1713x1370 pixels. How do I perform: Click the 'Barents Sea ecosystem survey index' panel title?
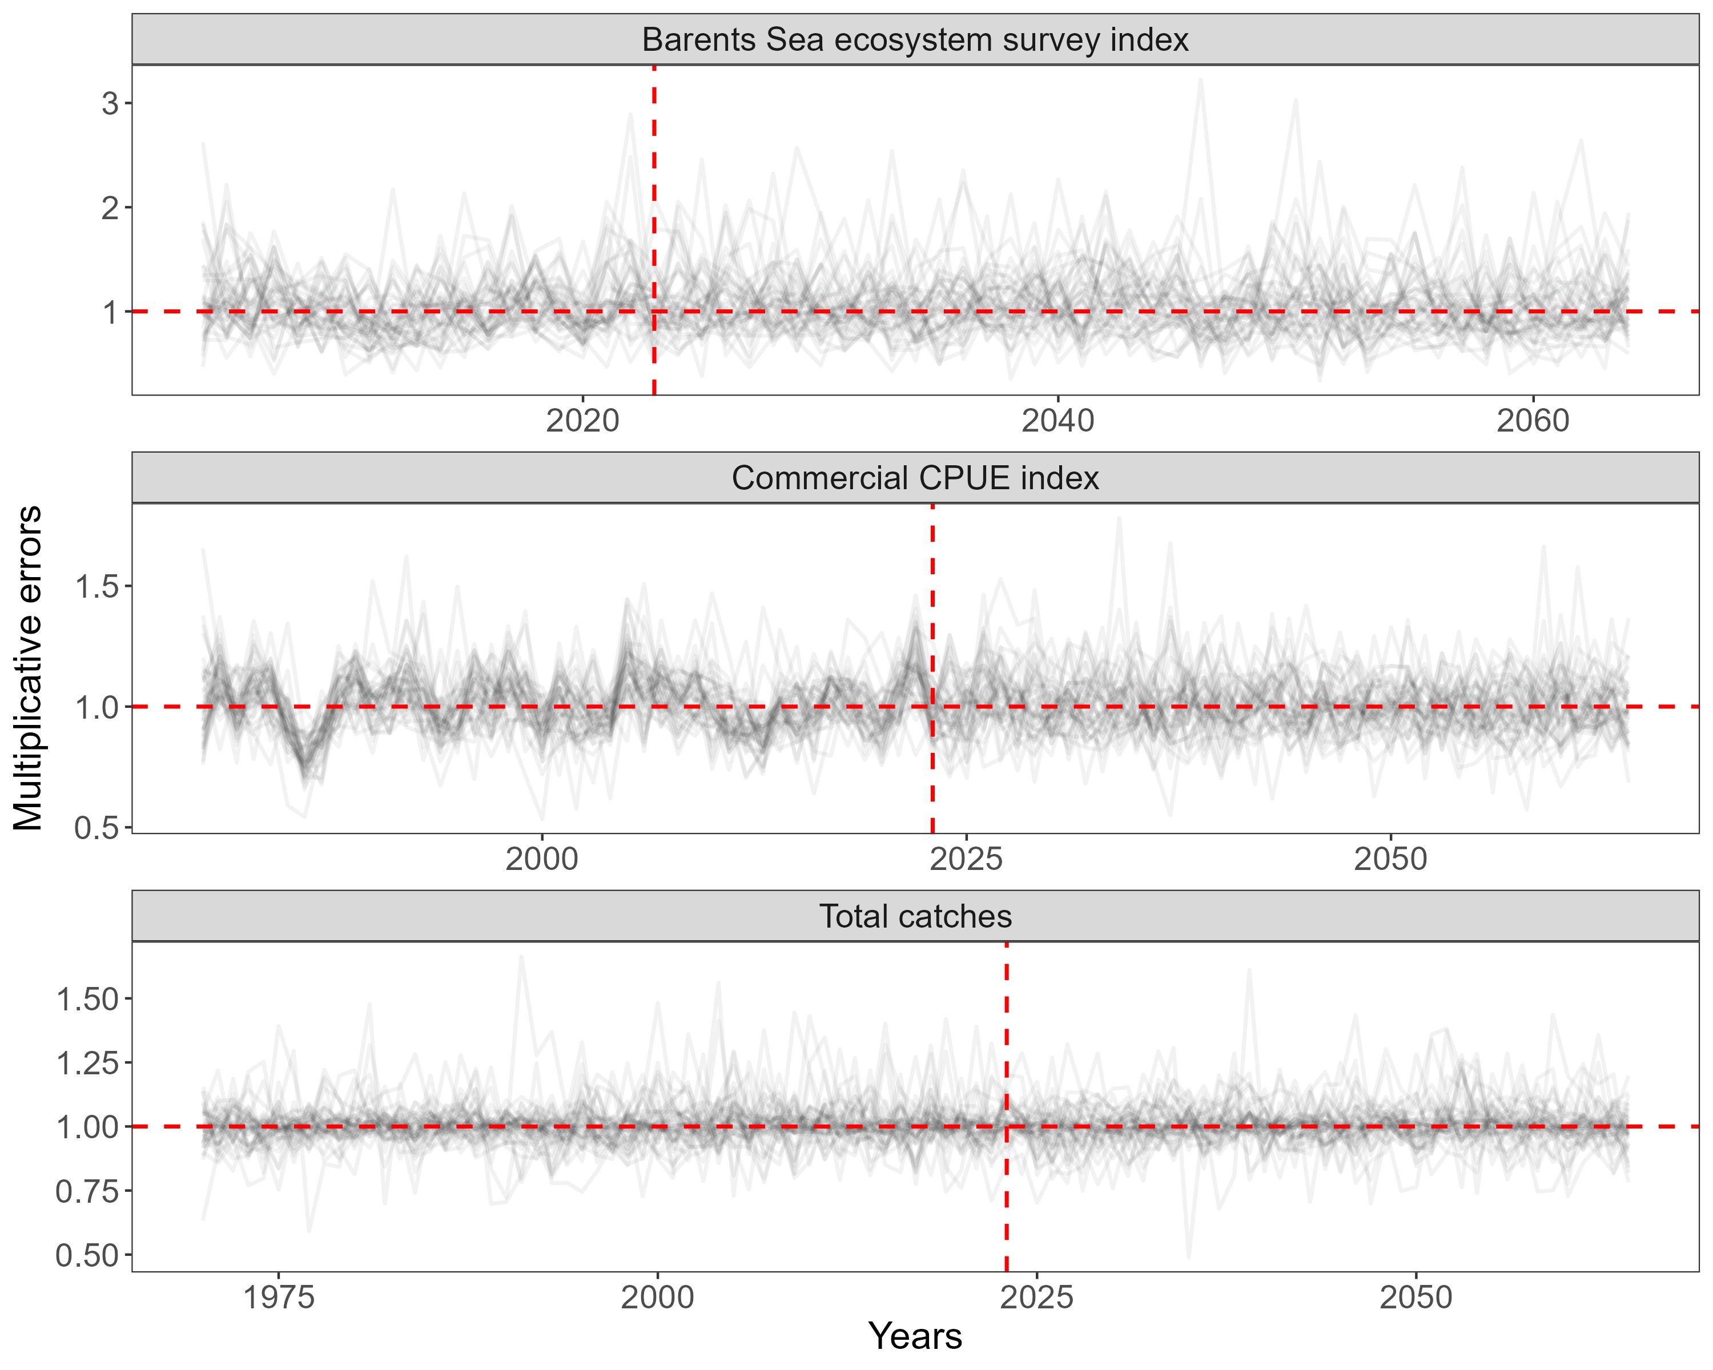[x=915, y=40]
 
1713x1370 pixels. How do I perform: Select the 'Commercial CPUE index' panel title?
[x=915, y=478]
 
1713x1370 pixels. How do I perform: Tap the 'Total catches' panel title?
[x=915, y=917]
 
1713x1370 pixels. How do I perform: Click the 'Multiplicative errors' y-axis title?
[x=29, y=668]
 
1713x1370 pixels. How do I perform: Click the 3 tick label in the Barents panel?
[x=110, y=103]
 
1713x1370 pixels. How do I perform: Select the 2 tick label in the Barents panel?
[x=110, y=208]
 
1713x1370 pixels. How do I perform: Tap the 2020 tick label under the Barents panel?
[x=582, y=421]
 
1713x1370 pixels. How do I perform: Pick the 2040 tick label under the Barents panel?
[x=1057, y=421]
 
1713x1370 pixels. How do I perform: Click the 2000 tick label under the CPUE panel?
[x=542, y=859]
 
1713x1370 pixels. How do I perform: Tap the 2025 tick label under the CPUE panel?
[x=966, y=859]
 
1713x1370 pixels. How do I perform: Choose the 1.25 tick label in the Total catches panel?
[x=87, y=1063]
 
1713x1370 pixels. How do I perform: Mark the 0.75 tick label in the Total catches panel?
[x=87, y=1191]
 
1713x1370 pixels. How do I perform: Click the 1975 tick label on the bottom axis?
[x=279, y=1298]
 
